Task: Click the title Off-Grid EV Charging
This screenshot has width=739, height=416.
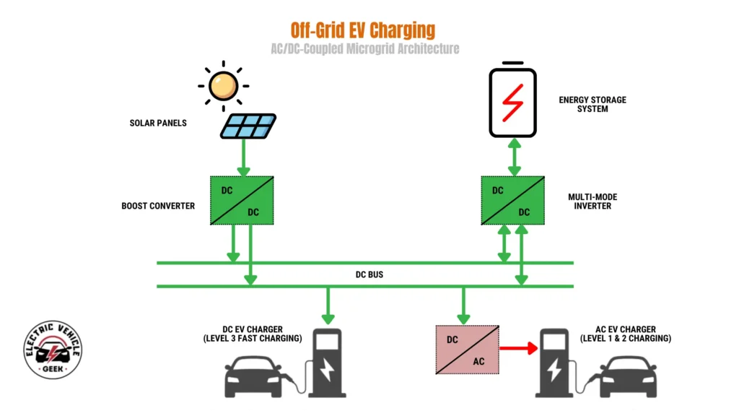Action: (x=363, y=30)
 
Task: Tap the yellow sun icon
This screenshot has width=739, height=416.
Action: (x=222, y=86)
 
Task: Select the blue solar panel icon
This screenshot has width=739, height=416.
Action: (x=248, y=126)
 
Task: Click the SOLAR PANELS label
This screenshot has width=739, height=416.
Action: (x=158, y=123)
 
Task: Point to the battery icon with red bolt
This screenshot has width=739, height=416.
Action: (x=513, y=102)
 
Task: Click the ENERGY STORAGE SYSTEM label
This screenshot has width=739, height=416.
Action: (x=592, y=105)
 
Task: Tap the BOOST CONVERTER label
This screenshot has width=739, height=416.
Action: (x=158, y=206)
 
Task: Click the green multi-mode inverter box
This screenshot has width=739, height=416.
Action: (x=513, y=201)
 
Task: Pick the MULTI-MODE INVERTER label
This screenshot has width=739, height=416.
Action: (x=592, y=201)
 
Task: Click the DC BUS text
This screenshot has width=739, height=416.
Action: (x=368, y=275)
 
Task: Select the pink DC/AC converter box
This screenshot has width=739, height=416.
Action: (x=465, y=350)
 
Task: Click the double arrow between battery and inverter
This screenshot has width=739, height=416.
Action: (x=514, y=157)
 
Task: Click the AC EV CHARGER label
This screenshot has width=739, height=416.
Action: (x=626, y=334)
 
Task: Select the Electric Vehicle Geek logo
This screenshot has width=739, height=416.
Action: (x=53, y=350)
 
